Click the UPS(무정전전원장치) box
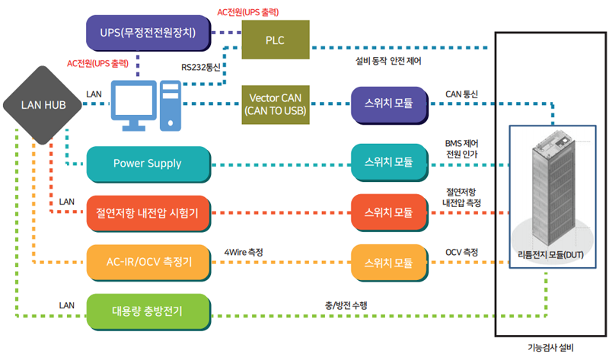click(148, 33)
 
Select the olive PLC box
click(276, 40)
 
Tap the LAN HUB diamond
click(43, 105)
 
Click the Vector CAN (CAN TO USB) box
click(276, 104)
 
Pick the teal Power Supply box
click(148, 164)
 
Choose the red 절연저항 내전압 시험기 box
click(148, 213)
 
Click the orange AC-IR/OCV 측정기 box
click(148, 263)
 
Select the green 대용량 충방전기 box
click(148, 311)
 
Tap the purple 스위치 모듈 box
click(389, 105)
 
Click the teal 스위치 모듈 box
click(389, 162)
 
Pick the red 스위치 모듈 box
click(389, 212)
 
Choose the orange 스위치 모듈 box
click(389, 263)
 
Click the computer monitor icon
click(134, 105)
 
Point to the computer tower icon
click(171, 105)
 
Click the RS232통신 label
click(201, 67)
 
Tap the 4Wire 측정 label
click(244, 252)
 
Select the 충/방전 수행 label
click(346, 305)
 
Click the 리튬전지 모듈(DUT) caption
click(550, 255)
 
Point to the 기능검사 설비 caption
click(550, 348)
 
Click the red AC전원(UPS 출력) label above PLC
click(248, 12)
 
